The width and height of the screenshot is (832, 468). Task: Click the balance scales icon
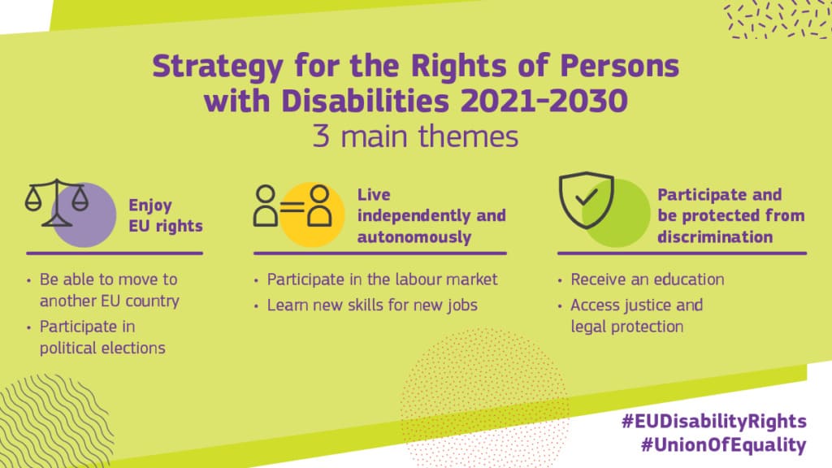56,203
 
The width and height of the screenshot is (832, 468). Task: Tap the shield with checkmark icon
586,200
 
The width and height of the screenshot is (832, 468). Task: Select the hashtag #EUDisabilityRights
713,421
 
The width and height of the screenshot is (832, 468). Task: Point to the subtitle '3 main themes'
415,136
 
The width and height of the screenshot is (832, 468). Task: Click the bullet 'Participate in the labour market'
382,279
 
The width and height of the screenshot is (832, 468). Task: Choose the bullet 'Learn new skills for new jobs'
372,306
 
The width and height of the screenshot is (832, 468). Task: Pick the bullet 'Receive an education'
647,279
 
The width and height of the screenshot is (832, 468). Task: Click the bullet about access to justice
636,316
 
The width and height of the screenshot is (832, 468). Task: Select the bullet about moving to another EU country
109,290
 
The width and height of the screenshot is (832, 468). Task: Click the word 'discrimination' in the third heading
715,237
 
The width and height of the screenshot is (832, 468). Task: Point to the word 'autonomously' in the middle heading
414,237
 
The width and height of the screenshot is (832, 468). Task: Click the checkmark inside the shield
586,197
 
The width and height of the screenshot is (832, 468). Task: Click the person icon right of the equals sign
319,206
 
